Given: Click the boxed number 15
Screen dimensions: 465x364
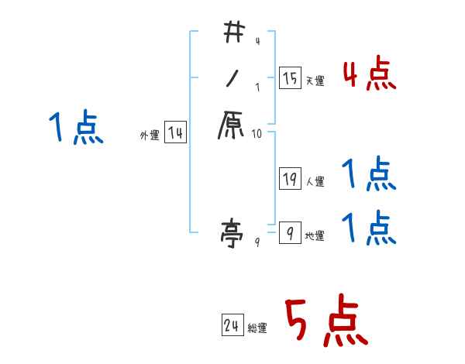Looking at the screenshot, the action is (x=290, y=77).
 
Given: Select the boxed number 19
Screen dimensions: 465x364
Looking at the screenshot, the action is (x=290, y=178).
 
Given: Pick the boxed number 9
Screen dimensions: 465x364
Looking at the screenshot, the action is (x=290, y=232).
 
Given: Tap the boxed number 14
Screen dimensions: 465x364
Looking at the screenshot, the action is (x=175, y=133).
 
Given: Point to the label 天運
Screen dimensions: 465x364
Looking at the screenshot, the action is (x=315, y=81).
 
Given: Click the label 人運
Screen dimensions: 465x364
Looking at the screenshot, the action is (x=315, y=182).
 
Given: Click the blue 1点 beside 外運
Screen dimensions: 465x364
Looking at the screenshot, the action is (x=76, y=128).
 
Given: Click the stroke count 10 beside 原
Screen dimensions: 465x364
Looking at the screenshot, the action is (x=258, y=134).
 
